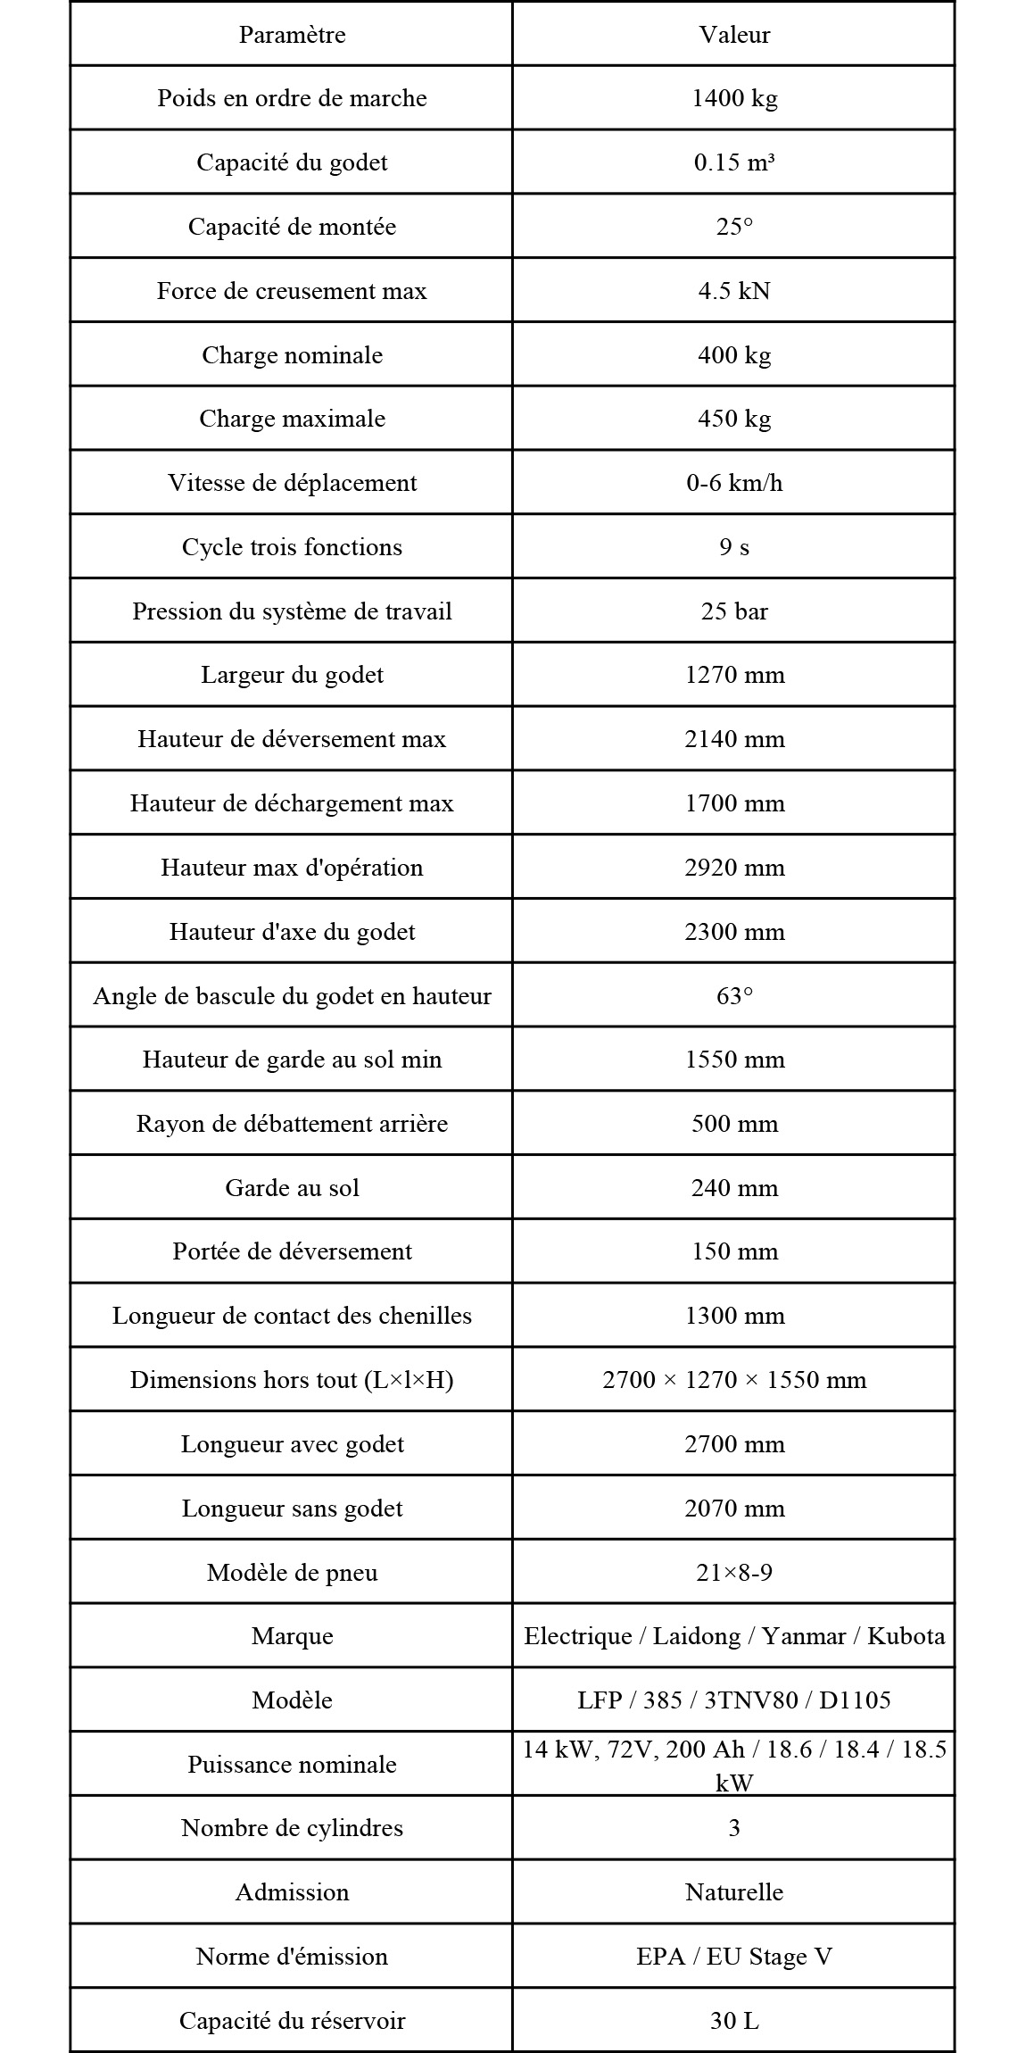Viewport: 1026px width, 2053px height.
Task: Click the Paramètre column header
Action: (292, 35)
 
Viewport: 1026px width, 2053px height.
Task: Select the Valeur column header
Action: (734, 35)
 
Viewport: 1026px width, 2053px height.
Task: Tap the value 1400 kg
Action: (734, 98)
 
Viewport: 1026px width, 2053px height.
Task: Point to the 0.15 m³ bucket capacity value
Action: (734, 162)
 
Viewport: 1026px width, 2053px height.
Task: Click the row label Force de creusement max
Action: (292, 291)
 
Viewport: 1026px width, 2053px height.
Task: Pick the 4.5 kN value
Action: (734, 291)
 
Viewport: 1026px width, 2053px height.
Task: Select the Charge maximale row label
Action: (292, 419)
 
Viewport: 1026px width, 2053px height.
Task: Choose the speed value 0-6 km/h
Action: (734, 483)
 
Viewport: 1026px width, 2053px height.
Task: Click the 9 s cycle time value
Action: (734, 547)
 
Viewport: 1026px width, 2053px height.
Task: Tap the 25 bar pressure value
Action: (734, 611)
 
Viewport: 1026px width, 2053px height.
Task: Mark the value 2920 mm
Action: (734, 868)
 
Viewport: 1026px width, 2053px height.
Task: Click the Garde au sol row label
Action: (292, 1188)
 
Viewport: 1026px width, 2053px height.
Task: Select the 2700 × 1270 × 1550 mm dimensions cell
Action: (734, 1380)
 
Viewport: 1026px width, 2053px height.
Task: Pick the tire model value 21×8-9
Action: (734, 1572)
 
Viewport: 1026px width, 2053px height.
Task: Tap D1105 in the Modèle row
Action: (855, 1700)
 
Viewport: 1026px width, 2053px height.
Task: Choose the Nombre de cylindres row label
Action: (292, 1828)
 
